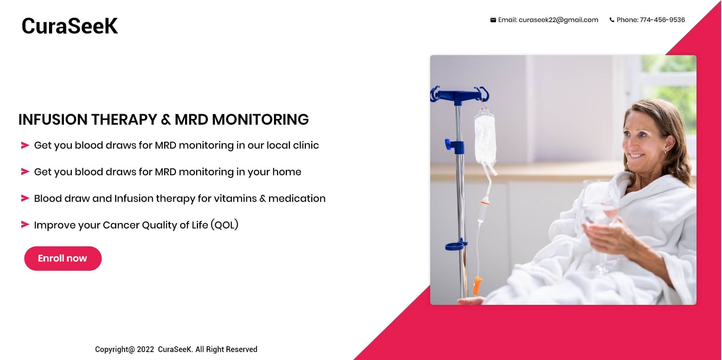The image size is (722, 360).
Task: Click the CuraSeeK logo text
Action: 70,26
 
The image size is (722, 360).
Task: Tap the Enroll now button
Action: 63,259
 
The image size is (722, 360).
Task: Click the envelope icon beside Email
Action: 493,20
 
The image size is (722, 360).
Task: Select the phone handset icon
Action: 612,20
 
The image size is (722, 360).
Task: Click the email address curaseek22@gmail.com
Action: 558,20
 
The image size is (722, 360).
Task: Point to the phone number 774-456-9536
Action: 662,20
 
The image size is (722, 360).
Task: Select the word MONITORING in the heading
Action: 260,119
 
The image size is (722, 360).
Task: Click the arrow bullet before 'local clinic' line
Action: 25,145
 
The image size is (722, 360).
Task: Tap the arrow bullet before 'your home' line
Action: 25,172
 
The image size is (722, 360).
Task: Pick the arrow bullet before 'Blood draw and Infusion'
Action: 25,198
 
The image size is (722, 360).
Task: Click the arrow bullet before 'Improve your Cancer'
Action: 25,225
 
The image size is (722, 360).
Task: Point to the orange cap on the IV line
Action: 477,286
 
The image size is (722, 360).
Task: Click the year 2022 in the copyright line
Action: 146,349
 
